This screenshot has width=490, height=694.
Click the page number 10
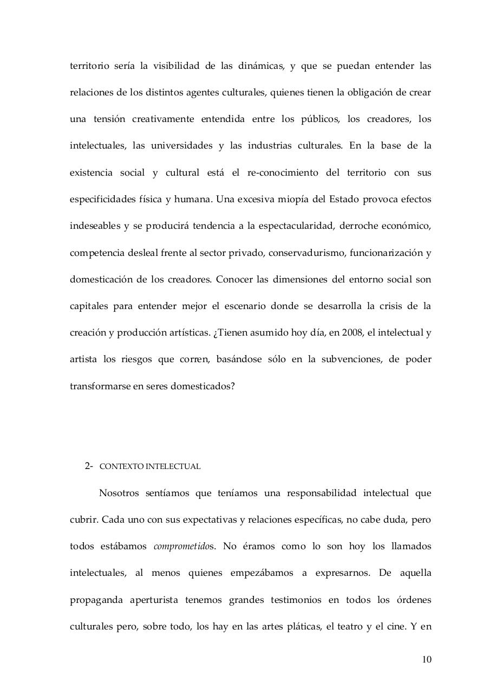click(x=427, y=660)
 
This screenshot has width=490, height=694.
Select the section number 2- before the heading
click(x=89, y=466)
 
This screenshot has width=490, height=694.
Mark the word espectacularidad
click(x=292, y=226)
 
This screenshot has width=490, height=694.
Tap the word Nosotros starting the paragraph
click(x=119, y=493)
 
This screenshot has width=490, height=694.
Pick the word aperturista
click(x=154, y=600)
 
